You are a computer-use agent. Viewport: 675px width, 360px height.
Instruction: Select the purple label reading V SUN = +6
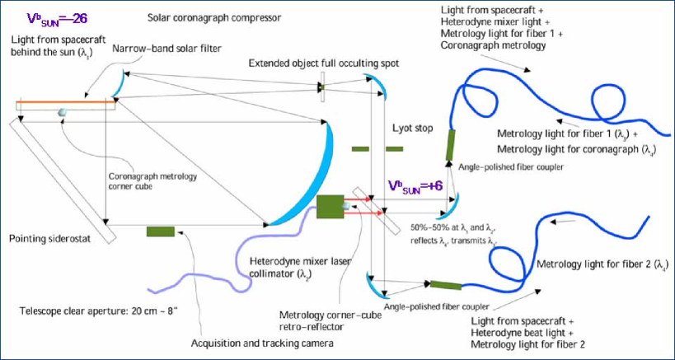(x=416, y=186)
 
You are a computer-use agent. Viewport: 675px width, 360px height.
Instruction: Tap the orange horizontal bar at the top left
(x=66, y=103)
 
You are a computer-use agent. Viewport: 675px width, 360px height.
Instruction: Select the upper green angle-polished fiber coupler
(x=450, y=144)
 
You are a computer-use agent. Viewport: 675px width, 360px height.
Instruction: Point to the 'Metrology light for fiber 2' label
(x=602, y=264)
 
